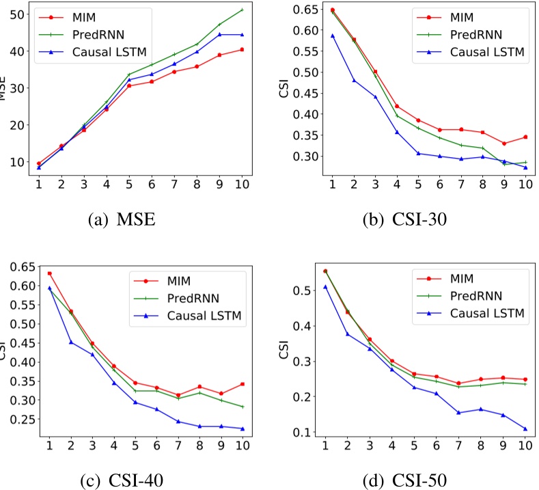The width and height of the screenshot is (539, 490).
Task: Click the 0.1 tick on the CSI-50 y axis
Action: [300, 432]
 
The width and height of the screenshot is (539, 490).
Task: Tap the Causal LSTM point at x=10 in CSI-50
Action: [525, 429]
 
